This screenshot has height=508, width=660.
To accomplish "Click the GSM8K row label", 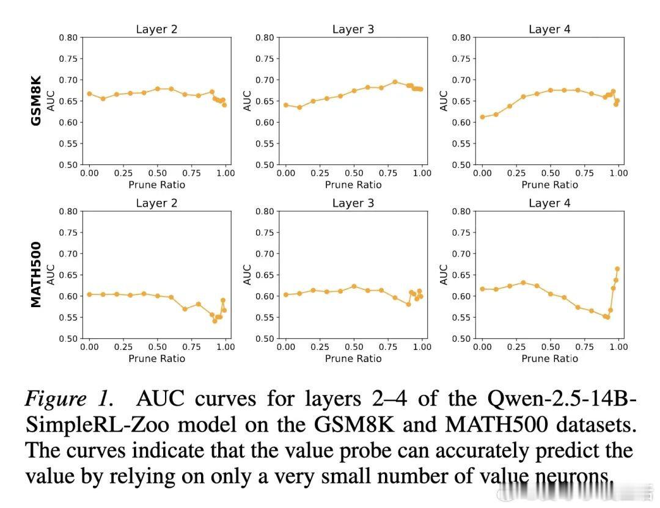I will tap(36, 101).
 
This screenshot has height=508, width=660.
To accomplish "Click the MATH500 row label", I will tap(36, 275).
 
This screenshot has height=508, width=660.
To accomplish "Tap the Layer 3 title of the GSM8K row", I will tap(353, 29).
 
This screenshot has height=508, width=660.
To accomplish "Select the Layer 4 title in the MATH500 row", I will tap(549, 203).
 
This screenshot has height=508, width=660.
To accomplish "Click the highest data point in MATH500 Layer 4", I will tap(617, 269).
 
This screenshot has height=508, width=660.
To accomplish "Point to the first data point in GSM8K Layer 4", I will tap(482, 117).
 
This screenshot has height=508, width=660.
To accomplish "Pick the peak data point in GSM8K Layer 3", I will tap(395, 82).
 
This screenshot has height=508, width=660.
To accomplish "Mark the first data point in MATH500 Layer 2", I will tap(89, 294).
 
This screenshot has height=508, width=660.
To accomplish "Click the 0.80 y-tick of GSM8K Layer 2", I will tap(68, 38).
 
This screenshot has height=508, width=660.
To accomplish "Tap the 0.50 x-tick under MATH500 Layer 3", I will tap(354, 347).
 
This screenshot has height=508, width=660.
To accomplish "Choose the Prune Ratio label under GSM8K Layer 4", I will tap(549, 184).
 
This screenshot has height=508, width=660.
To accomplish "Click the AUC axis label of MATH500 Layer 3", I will tap(248, 275).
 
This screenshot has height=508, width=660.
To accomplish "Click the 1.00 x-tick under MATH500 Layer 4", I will tap(618, 347).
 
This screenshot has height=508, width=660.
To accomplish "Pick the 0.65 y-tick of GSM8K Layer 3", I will tap(265, 101).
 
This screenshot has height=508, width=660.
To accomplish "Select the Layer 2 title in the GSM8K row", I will tap(156, 29).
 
